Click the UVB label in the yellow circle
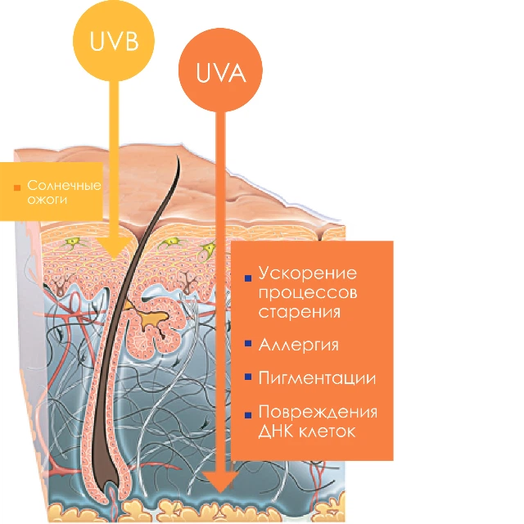tap(115, 41)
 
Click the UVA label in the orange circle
tap(221, 72)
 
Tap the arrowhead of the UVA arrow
tap(220, 482)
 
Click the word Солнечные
tap(64, 185)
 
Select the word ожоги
tap(47, 200)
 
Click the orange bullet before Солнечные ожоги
tap(17, 187)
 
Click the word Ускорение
tap(308, 273)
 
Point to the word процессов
tap(308, 293)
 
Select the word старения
tap(300, 312)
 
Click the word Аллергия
tap(298, 345)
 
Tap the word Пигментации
tap(317, 378)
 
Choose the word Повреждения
tap(318, 413)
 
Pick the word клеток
tap(327, 431)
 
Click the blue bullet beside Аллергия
tap(248, 343)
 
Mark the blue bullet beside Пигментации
tap(248, 377)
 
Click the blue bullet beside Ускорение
tap(248, 278)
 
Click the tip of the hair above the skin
tap(178, 158)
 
